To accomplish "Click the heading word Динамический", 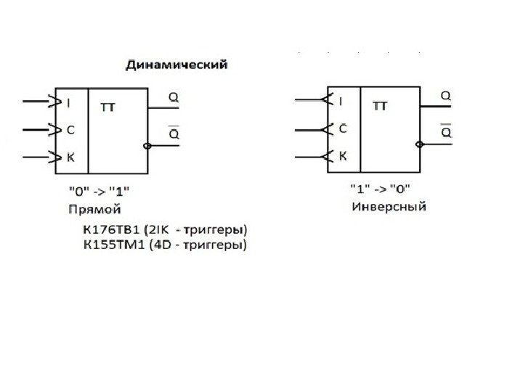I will pyautogui.click(x=177, y=65).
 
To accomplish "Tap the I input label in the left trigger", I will pyautogui.click(x=69, y=103).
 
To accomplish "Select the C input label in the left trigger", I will pyautogui.click(x=70, y=131).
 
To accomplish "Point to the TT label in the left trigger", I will pyautogui.click(x=107, y=107).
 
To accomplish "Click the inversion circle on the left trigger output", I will pyautogui.click(x=147, y=146).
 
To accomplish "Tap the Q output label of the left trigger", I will pyautogui.click(x=173, y=96).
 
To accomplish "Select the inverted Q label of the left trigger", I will pyautogui.click(x=174, y=134).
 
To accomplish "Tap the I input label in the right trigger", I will pyautogui.click(x=341, y=102).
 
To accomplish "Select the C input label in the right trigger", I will pyautogui.click(x=343, y=129).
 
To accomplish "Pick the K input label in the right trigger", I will pyautogui.click(x=343, y=156).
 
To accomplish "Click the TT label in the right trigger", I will pyautogui.click(x=380, y=106).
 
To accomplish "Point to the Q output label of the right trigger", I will pyautogui.click(x=446, y=95).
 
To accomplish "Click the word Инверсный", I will pyautogui.click(x=389, y=207).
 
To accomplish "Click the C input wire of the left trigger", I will pyautogui.click(x=36, y=131).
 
